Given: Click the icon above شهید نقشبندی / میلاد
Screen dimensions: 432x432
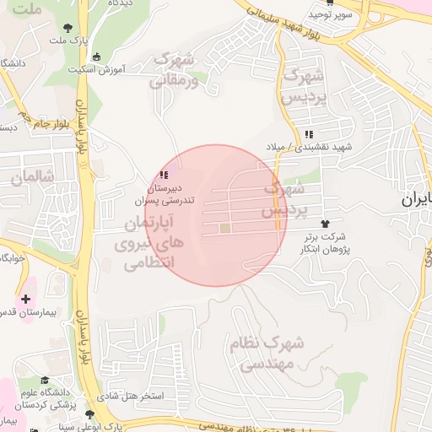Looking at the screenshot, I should (x=309, y=134).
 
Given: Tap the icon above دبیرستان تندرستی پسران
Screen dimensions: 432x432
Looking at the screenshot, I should (x=161, y=175).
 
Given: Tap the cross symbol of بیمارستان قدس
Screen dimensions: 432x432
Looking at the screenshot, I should (x=26, y=299).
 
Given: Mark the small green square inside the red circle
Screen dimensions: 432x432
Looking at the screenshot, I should (x=225, y=228).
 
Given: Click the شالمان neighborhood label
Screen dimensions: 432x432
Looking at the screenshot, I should (x=34, y=177).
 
